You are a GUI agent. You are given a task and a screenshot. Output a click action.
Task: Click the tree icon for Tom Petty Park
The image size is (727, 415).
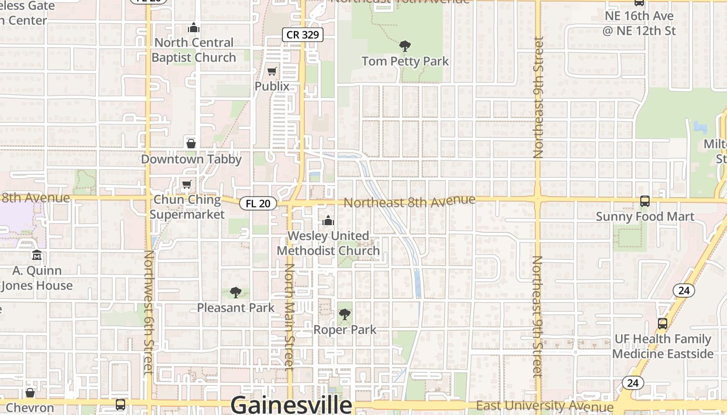405,46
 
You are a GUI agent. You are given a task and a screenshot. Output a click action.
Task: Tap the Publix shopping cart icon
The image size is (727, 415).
272,71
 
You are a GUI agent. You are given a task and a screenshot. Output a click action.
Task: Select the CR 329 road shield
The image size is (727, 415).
303,35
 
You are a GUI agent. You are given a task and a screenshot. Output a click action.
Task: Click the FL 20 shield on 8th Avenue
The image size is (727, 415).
258,203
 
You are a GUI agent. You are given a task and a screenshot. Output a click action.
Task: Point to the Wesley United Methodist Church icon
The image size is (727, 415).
328,221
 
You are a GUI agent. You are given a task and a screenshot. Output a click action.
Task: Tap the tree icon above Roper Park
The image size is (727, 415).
344,314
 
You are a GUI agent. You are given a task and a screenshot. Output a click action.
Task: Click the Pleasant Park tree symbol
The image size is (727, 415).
235,293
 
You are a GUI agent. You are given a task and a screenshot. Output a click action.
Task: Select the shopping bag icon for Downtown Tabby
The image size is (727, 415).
191,144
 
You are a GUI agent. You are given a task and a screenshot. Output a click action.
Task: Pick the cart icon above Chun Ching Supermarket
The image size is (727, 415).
186,185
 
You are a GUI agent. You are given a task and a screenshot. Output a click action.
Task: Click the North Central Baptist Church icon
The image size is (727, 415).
194,27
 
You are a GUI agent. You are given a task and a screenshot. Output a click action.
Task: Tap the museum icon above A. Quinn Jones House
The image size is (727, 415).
37,255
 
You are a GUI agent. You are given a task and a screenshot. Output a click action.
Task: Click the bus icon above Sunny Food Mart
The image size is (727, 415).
644,201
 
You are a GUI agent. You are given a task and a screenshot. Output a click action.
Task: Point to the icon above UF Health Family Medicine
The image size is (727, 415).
662,324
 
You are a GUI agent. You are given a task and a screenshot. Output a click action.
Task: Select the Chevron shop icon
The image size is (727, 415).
30,393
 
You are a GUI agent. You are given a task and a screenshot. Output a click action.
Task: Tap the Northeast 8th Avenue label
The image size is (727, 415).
409,201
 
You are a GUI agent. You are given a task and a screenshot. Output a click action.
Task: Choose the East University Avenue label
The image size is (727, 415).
544,406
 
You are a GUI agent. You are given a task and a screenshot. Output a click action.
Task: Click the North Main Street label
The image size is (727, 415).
289,316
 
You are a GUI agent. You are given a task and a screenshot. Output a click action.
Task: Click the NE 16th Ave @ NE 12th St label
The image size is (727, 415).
639,23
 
